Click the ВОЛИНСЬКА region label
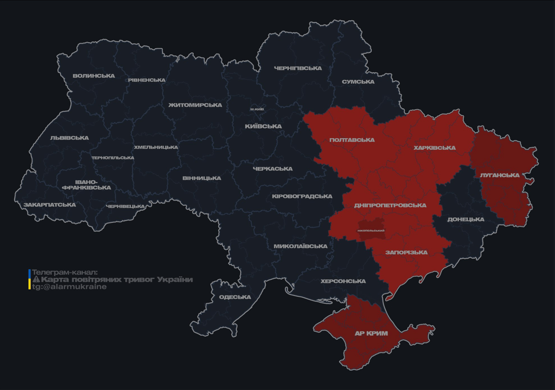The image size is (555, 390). coord(94,76)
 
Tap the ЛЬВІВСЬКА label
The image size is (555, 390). coord(70,138)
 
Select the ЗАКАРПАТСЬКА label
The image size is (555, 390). coord(50,205)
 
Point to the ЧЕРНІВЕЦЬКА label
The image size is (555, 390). coord(125,206)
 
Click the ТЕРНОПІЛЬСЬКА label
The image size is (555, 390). coord(113,157)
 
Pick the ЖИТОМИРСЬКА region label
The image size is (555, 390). coord(195,105)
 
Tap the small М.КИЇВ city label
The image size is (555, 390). coord(257,109)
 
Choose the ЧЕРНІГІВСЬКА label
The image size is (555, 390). coord(298,68)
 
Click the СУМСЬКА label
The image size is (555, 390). coord(358,82)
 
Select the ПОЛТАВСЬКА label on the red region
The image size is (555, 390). coord(352,140)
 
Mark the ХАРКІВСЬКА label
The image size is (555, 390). coord(435,148)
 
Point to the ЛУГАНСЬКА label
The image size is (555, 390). coord(500,175)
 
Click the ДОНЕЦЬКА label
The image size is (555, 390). coord(466,219)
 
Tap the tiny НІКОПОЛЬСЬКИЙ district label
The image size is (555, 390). coord(371,231)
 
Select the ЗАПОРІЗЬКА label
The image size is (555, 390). coord(406,252)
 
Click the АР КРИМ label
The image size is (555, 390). coord(371,334)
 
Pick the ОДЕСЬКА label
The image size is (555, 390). coord(235,297)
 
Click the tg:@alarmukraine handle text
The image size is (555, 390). coord(70,287)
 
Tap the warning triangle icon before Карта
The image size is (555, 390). coord(36,279)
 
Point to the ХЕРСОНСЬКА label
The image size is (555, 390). coord(343,281)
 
